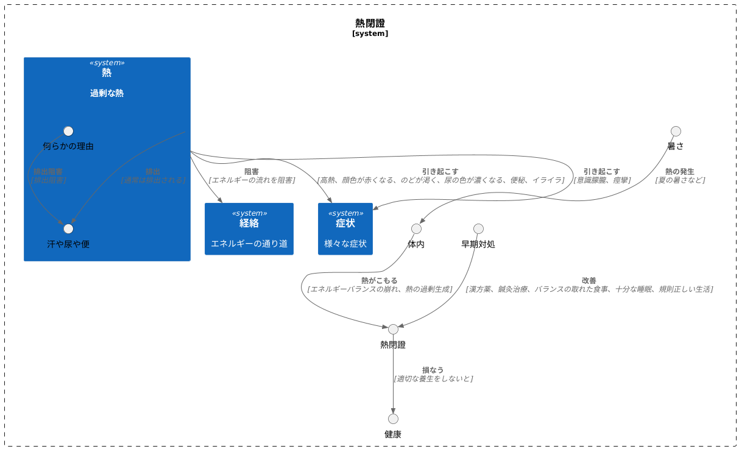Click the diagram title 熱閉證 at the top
(x=370, y=23)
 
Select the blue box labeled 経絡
(x=249, y=228)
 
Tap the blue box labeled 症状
(x=345, y=228)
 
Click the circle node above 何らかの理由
(x=68, y=131)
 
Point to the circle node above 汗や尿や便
(x=68, y=228)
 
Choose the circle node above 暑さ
(x=676, y=131)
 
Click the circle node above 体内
(x=416, y=228)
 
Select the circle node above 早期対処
(x=478, y=228)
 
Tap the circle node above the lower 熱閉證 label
(x=393, y=329)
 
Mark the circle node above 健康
(x=393, y=419)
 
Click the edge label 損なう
(x=433, y=370)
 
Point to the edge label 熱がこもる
(x=379, y=280)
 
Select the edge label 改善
(x=589, y=280)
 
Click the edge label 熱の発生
(x=679, y=171)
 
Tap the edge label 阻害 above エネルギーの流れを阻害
(x=251, y=171)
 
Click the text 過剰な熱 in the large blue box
(x=107, y=93)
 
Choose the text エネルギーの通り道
(x=249, y=244)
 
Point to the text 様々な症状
(x=345, y=244)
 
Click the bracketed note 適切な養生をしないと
(x=433, y=378)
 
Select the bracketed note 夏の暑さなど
(x=680, y=180)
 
